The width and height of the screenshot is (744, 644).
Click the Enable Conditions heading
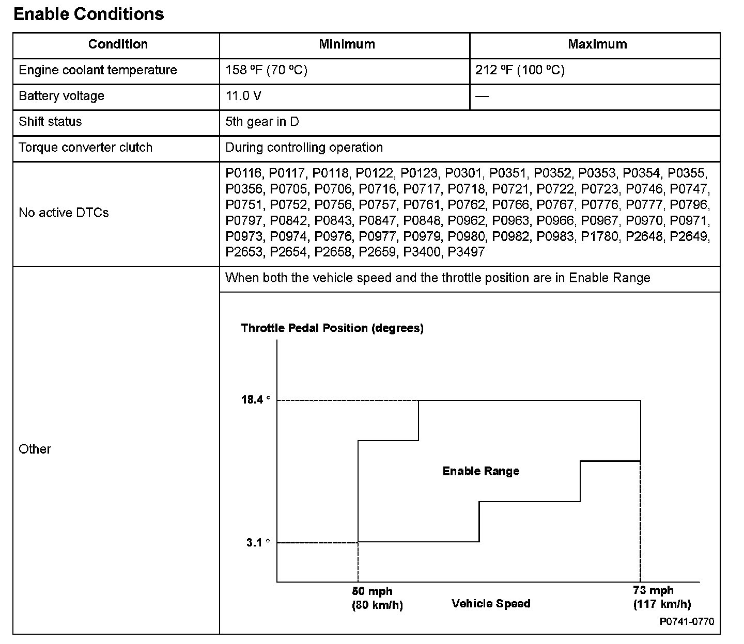click(x=88, y=14)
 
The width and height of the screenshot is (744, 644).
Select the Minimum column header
click(x=347, y=44)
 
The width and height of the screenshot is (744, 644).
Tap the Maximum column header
click(x=597, y=44)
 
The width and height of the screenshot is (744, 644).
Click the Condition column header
click(x=118, y=44)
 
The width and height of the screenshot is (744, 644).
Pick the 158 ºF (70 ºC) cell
click(x=266, y=70)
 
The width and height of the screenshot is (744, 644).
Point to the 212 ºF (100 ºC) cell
click(x=520, y=70)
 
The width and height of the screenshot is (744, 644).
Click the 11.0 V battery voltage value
click(x=240, y=96)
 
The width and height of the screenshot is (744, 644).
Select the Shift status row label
click(x=50, y=122)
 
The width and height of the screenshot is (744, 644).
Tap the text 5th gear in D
click(x=262, y=122)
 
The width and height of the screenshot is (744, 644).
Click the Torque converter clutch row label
click(x=85, y=148)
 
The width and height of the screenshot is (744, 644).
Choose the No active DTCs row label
click(x=64, y=213)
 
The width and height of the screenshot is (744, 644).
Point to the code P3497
click(x=467, y=252)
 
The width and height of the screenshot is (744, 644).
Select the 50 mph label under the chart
click(x=372, y=591)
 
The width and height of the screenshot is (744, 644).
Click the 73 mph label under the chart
click(x=653, y=590)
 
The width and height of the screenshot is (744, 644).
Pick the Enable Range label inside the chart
click(x=481, y=471)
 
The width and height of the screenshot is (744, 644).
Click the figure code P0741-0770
click(x=687, y=622)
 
